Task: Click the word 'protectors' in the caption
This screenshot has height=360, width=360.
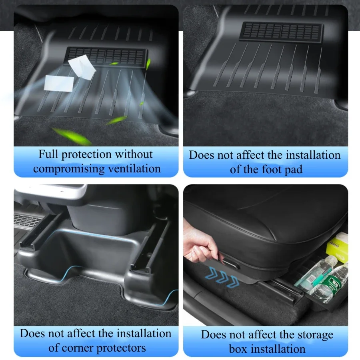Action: pyautogui.click(x=121, y=348)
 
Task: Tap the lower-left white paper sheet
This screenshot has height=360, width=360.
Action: pyautogui.click(x=58, y=83)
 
